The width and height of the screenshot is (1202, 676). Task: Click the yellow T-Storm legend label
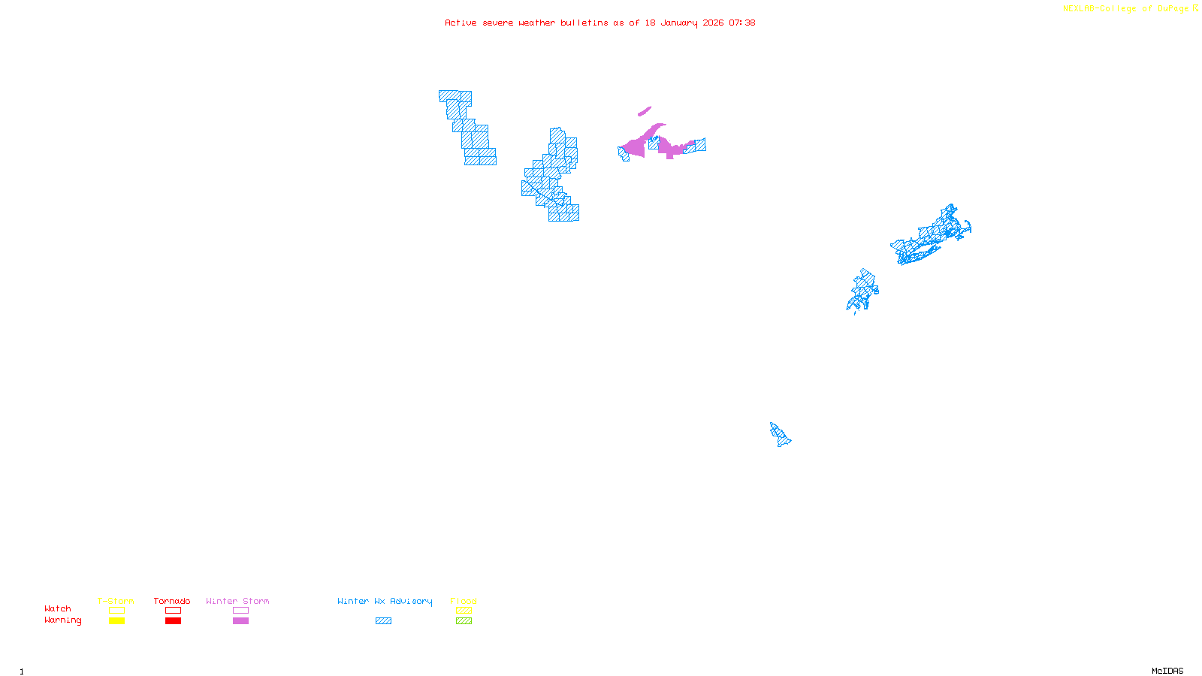pos(116,601)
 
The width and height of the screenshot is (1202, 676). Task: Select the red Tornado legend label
pos(172,601)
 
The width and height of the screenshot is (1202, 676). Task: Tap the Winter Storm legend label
pos(237,601)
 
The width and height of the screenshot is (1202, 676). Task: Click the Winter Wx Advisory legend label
pos(385,601)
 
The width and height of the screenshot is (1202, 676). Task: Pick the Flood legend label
pos(464,601)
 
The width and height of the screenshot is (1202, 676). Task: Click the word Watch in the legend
pos(58,608)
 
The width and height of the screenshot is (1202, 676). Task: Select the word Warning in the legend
pos(63,620)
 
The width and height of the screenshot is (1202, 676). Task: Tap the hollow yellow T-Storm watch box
pos(116,611)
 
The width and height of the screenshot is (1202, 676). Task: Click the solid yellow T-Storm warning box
pos(116,621)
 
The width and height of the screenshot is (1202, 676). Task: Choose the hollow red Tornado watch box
pos(173,611)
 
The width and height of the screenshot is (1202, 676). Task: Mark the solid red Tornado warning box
pos(173,621)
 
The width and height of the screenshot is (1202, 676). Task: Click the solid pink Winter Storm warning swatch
pos(240,621)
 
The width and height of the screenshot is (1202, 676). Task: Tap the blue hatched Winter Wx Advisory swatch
pos(383,621)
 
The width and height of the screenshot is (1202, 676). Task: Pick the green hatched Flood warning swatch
pos(464,621)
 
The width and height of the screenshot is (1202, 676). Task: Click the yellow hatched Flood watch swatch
pos(464,611)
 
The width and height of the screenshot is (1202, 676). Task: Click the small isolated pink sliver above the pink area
pos(645,111)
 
